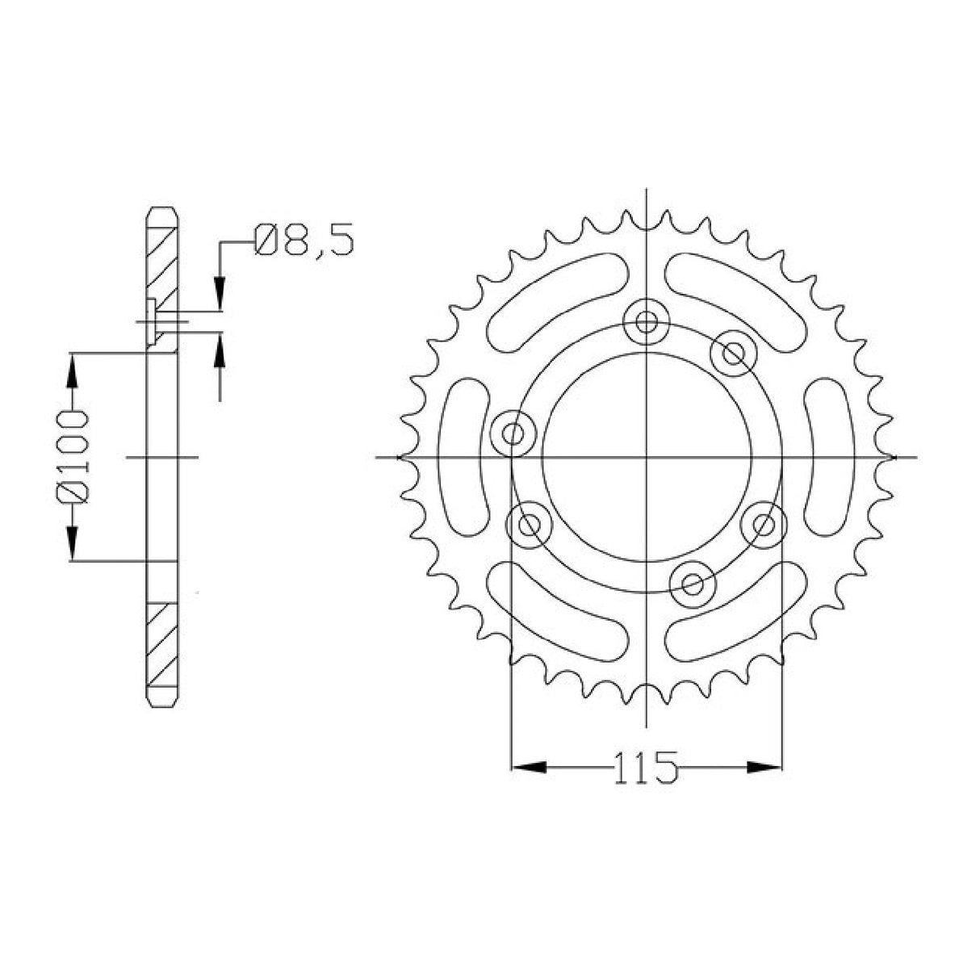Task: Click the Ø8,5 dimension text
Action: click(x=304, y=241)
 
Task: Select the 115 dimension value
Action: click(x=646, y=767)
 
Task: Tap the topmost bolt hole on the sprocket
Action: click(x=646, y=322)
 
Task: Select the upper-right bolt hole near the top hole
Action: click(x=733, y=352)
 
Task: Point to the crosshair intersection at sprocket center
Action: click(x=647, y=458)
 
